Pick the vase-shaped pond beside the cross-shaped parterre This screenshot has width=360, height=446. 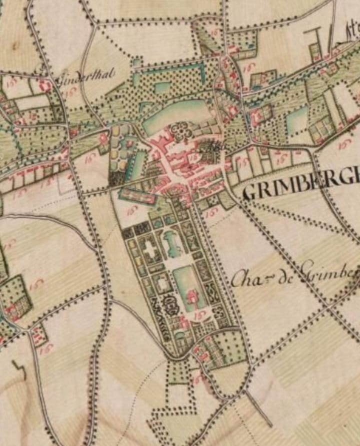(x=172, y=245)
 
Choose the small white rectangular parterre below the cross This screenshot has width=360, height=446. (x=162, y=284)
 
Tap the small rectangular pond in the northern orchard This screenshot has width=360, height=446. (x=163, y=88)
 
